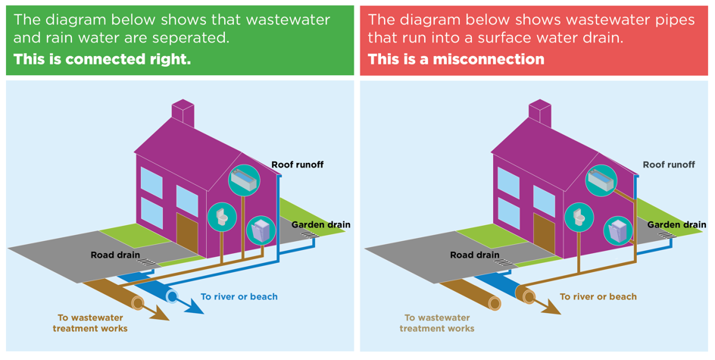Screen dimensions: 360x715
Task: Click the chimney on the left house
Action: click(x=183, y=114)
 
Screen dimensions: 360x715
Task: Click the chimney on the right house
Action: click(x=540, y=114)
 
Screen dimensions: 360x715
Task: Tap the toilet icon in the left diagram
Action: click(x=222, y=218)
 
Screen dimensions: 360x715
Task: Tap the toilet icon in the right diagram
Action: click(x=579, y=218)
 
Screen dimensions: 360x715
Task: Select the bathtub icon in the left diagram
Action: click(x=244, y=180)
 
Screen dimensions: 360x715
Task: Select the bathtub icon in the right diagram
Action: click(x=601, y=180)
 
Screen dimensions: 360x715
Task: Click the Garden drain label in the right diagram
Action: click(x=676, y=224)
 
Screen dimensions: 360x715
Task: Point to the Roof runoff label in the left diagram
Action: click(x=298, y=164)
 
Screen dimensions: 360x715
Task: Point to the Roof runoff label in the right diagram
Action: click(x=669, y=164)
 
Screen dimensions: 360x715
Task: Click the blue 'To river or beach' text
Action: click(x=239, y=296)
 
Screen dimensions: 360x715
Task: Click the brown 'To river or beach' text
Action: click(x=598, y=296)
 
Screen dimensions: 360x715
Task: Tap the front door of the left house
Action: click(x=187, y=233)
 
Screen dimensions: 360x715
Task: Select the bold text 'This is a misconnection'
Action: click(x=456, y=59)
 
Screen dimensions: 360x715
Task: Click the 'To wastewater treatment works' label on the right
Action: click(x=437, y=323)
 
